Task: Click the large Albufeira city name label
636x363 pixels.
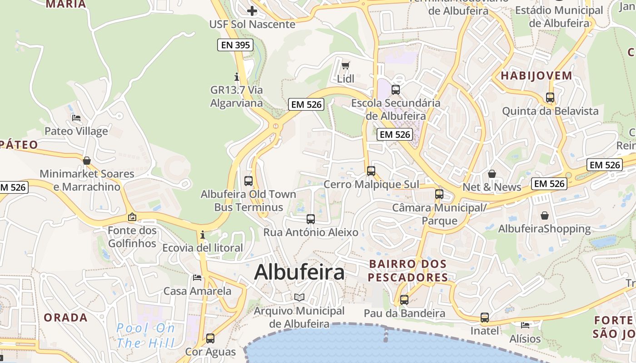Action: (299, 272)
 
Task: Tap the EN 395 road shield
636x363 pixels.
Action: (235, 45)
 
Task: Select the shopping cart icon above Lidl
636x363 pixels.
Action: (345, 66)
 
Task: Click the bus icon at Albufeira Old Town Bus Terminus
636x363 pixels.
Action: (248, 181)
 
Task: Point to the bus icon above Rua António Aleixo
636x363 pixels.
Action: (311, 219)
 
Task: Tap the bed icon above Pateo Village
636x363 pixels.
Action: (76, 118)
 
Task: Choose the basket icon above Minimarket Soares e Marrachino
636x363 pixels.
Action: (87, 161)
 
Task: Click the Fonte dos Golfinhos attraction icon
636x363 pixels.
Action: (132, 217)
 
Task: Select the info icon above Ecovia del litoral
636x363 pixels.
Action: (202, 235)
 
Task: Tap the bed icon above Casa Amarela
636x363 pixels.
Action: (197, 277)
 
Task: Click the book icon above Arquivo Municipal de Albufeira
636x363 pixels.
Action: (299, 298)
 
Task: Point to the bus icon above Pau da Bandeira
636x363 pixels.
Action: (404, 300)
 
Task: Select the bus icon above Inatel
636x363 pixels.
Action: (485, 318)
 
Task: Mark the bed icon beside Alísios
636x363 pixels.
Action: (525, 325)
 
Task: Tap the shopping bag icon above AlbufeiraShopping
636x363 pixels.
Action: (544, 216)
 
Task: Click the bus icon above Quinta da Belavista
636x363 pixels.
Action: (550, 98)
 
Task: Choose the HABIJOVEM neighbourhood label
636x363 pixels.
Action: (536, 76)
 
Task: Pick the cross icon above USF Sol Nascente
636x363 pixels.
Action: (252, 11)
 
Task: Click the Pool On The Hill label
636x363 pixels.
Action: (145, 335)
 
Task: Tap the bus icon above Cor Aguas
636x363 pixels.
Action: (210, 338)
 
